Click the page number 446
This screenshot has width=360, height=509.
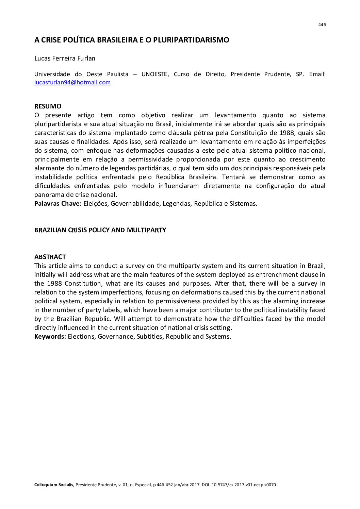point(322,25)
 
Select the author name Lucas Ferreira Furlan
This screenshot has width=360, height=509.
point(65,58)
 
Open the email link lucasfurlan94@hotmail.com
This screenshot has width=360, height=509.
point(72,82)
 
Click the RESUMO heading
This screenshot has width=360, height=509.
point(48,106)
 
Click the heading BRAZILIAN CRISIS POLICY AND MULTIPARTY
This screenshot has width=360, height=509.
point(100,230)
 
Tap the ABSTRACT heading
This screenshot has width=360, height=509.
point(50,257)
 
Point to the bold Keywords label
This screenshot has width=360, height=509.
point(50,336)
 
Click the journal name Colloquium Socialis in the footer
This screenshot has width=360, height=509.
point(54,485)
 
